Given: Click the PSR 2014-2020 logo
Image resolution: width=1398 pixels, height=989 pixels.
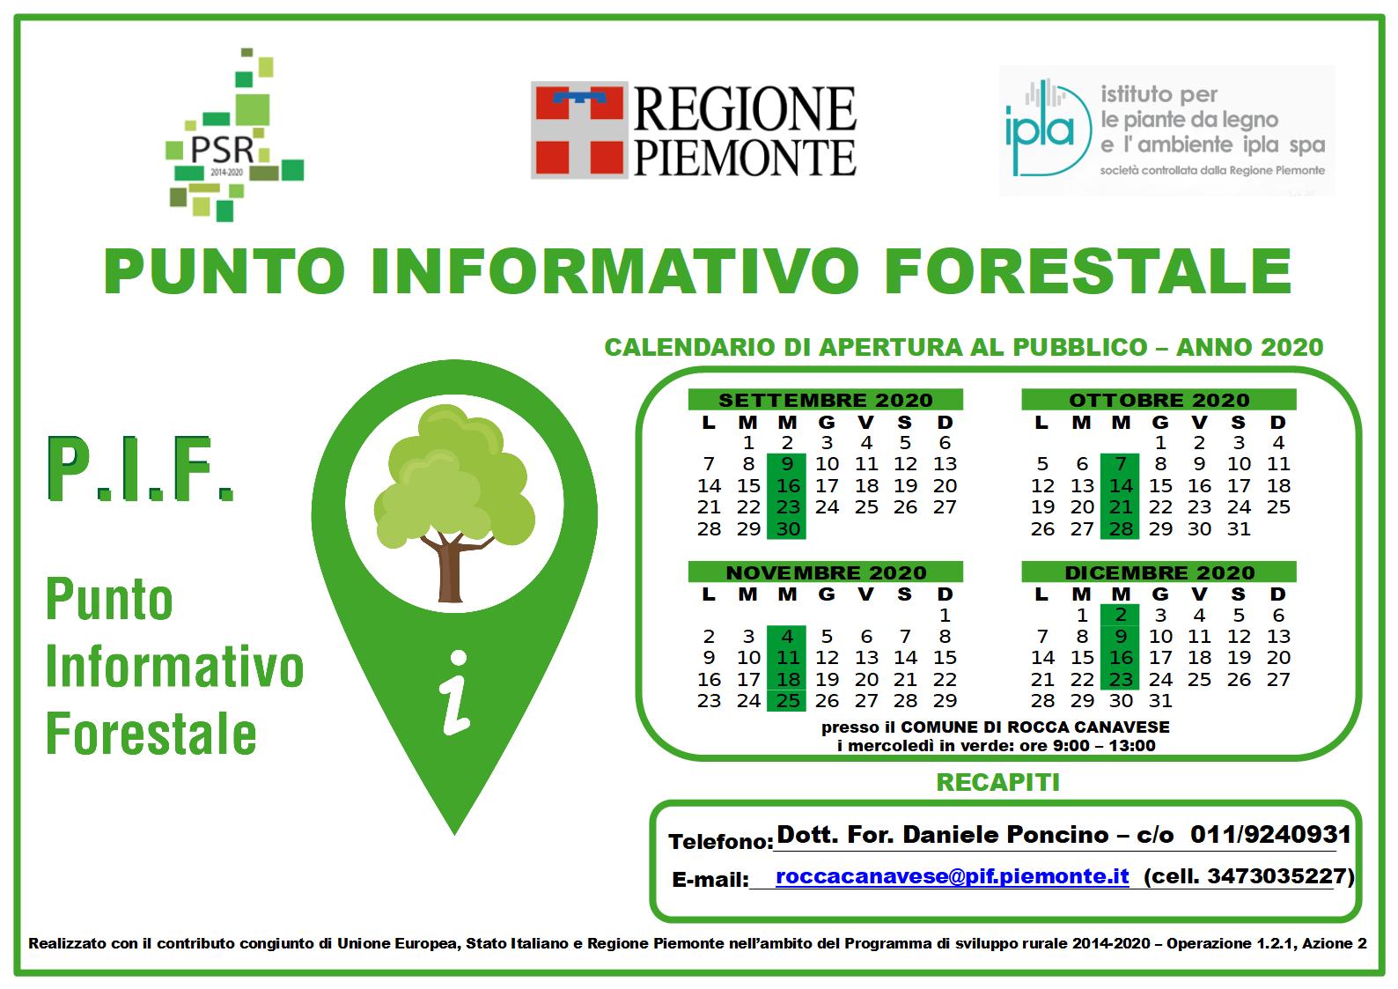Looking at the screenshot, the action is tap(234, 135).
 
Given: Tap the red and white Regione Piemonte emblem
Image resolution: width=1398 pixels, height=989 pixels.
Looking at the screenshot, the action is tap(579, 129).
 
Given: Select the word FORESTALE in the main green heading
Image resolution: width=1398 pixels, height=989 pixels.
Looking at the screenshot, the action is tap(1088, 270).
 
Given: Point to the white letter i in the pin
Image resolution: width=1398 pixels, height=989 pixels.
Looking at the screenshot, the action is tap(455, 692).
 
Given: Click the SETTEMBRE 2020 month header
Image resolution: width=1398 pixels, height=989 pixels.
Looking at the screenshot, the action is tap(825, 400).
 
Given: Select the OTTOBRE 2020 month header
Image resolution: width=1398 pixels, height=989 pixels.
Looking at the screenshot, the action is tap(1159, 400).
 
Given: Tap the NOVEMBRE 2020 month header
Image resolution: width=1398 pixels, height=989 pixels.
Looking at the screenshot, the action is tap(825, 572).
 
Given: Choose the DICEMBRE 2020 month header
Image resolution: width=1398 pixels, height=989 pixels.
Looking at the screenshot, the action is tap(1159, 572).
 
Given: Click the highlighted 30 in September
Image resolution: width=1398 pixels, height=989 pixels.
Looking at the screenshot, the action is tap(786, 528).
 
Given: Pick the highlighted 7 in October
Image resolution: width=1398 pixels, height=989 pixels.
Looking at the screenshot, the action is tap(1121, 464).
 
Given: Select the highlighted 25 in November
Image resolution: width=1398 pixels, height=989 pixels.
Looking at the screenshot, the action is tap(786, 700).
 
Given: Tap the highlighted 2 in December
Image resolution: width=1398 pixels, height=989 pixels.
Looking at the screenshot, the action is tap(1121, 615).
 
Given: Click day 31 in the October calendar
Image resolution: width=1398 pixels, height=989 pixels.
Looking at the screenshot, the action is tap(1239, 528).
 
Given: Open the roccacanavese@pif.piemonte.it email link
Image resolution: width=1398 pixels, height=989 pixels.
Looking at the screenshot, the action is tap(953, 876).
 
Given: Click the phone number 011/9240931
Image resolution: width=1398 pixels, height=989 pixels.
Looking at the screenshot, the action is tap(1270, 834).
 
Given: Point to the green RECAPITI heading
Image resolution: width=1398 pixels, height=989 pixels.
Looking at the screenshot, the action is tap(998, 782).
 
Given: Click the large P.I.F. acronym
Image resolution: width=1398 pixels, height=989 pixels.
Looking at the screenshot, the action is tap(141, 469).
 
